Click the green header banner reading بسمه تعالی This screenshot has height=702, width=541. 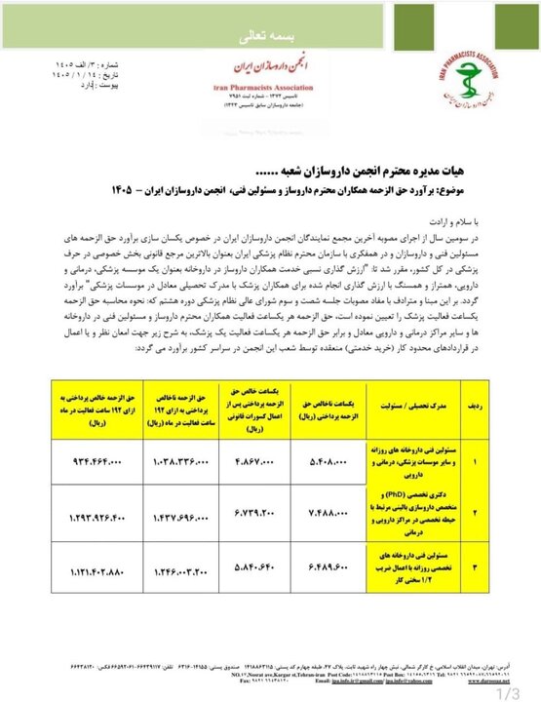tap(270, 37)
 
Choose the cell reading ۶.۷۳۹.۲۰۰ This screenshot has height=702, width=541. tap(256, 512)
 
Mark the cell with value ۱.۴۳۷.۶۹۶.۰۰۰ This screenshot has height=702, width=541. tap(181, 512)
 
